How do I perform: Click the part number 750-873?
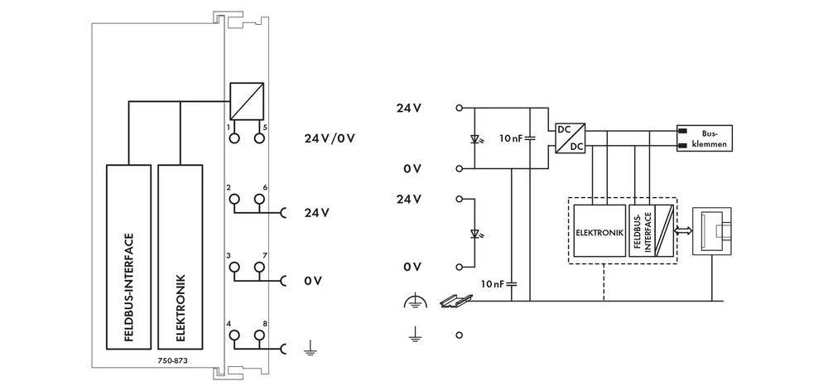[174, 362]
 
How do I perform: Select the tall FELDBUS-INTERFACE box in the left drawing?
[128, 257]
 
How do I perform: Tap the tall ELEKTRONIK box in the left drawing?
[180, 257]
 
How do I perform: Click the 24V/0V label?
[330, 138]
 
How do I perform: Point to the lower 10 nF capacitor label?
[493, 283]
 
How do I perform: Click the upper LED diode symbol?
[474, 137]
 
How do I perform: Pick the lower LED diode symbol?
[474, 234]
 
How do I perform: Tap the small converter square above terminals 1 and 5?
[247, 101]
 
